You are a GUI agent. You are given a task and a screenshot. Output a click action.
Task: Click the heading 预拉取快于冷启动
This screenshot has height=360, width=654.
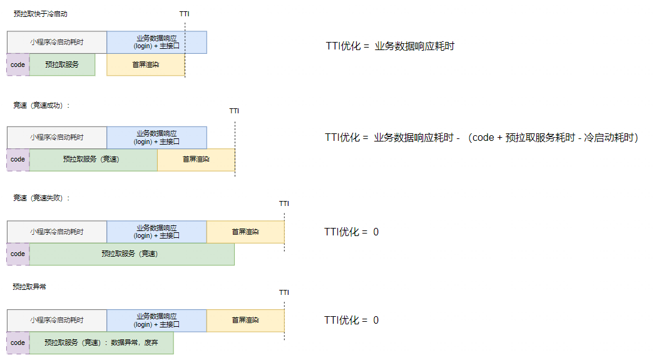point(40,13)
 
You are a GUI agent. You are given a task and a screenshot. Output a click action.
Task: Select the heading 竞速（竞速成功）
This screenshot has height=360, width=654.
point(41,105)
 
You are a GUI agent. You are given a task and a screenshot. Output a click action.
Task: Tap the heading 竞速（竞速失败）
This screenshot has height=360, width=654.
point(41,198)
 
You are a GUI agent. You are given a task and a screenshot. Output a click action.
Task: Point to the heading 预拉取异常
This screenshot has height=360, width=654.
point(29,286)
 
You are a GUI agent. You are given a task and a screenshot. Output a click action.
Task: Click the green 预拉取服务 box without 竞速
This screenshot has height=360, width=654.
point(62,64)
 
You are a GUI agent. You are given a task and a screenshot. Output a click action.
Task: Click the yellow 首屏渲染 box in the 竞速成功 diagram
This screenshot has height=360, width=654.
point(196,159)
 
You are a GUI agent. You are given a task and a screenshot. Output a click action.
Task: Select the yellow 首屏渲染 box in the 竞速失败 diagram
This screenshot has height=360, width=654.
point(245,232)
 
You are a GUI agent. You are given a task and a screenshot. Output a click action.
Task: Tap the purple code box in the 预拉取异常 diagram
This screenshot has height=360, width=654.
point(18,342)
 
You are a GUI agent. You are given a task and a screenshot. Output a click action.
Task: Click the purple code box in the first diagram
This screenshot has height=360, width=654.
point(18,64)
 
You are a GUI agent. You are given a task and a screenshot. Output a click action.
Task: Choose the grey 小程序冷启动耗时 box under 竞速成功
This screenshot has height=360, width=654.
point(57,137)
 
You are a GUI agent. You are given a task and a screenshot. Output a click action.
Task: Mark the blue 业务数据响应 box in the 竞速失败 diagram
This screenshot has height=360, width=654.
point(156,232)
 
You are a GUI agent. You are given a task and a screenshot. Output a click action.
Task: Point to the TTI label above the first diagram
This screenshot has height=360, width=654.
point(184,13)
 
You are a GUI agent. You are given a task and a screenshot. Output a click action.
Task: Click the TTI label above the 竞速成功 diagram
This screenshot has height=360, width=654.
point(234,111)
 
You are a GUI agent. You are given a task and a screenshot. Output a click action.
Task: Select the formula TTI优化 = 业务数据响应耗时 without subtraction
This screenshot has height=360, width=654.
point(390,46)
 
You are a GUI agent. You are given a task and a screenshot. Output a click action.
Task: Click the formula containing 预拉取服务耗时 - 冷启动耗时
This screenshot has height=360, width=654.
point(481,137)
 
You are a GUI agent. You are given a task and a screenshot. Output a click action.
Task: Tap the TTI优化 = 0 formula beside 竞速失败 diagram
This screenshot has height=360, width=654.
point(351,232)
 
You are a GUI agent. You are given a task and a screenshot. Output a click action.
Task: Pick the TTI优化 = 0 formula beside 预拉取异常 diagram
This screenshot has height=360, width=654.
point(351,320)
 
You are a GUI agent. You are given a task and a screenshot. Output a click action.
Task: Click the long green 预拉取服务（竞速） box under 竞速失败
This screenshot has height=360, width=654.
point(131,254)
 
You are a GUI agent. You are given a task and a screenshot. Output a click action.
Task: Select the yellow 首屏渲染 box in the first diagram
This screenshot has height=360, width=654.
point(146,64)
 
